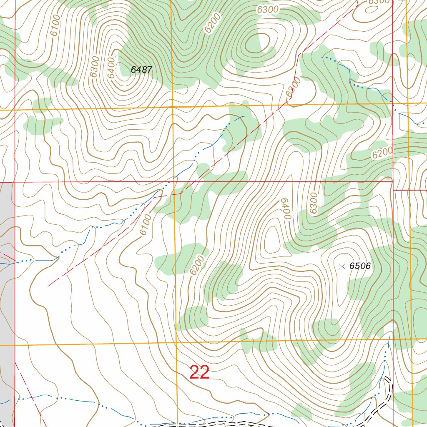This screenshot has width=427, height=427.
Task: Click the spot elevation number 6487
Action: point(141,70)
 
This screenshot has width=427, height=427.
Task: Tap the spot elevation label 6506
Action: point(360,266)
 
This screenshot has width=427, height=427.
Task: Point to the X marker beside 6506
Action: point(342,266)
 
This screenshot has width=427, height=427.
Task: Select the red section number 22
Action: point(199,372)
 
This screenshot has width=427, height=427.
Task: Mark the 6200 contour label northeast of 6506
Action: point(382,153)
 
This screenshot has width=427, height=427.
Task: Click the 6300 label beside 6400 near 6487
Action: point(94,66)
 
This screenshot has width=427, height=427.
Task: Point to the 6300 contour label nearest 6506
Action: point(314,203)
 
